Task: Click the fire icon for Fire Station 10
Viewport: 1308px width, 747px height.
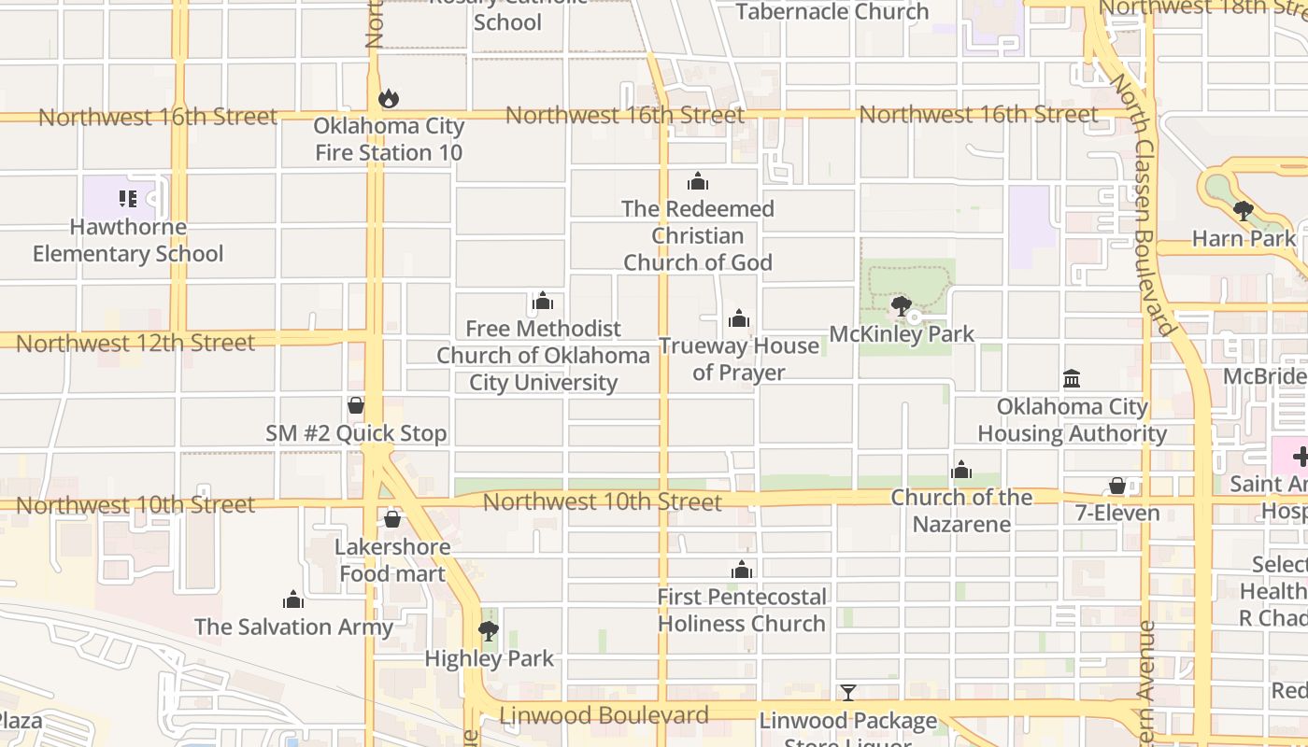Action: (x=389, y=98)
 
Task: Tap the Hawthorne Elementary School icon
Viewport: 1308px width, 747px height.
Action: (x=128, y=198)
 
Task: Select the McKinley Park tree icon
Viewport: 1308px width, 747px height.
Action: (x=902, y=306)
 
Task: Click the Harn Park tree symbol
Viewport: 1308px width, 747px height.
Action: (x=1243, y=211)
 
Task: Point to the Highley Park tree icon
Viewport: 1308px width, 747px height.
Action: (x=488, y=631)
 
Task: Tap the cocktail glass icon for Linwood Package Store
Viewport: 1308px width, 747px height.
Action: (x=847, y=693)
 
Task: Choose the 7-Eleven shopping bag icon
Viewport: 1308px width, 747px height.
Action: (x=1117, y=486)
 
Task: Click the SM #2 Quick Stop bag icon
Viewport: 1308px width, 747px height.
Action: (x=355, y=405)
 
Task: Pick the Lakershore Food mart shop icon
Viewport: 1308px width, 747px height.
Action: (x=392, y=519)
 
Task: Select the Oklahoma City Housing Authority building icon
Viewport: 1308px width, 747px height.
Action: (x=1072, y=379)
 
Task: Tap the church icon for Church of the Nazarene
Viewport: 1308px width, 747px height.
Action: (x=961, y=470)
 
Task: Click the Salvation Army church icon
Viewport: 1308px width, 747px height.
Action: (x=293, y=599)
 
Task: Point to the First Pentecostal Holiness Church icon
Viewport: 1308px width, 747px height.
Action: (x=742, y=570)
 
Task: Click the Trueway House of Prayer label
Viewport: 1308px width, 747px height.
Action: (x=739, y=359)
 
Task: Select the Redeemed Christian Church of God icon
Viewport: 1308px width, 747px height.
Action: (x=697, y=181)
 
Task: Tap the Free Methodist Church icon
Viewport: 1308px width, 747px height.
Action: (x=543, y=301)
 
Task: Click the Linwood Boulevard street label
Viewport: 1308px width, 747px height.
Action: (x=604, y=715)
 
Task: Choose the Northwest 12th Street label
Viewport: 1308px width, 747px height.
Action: (x=135, y=343)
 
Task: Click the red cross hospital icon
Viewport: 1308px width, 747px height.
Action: (x=1300, y=458)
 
